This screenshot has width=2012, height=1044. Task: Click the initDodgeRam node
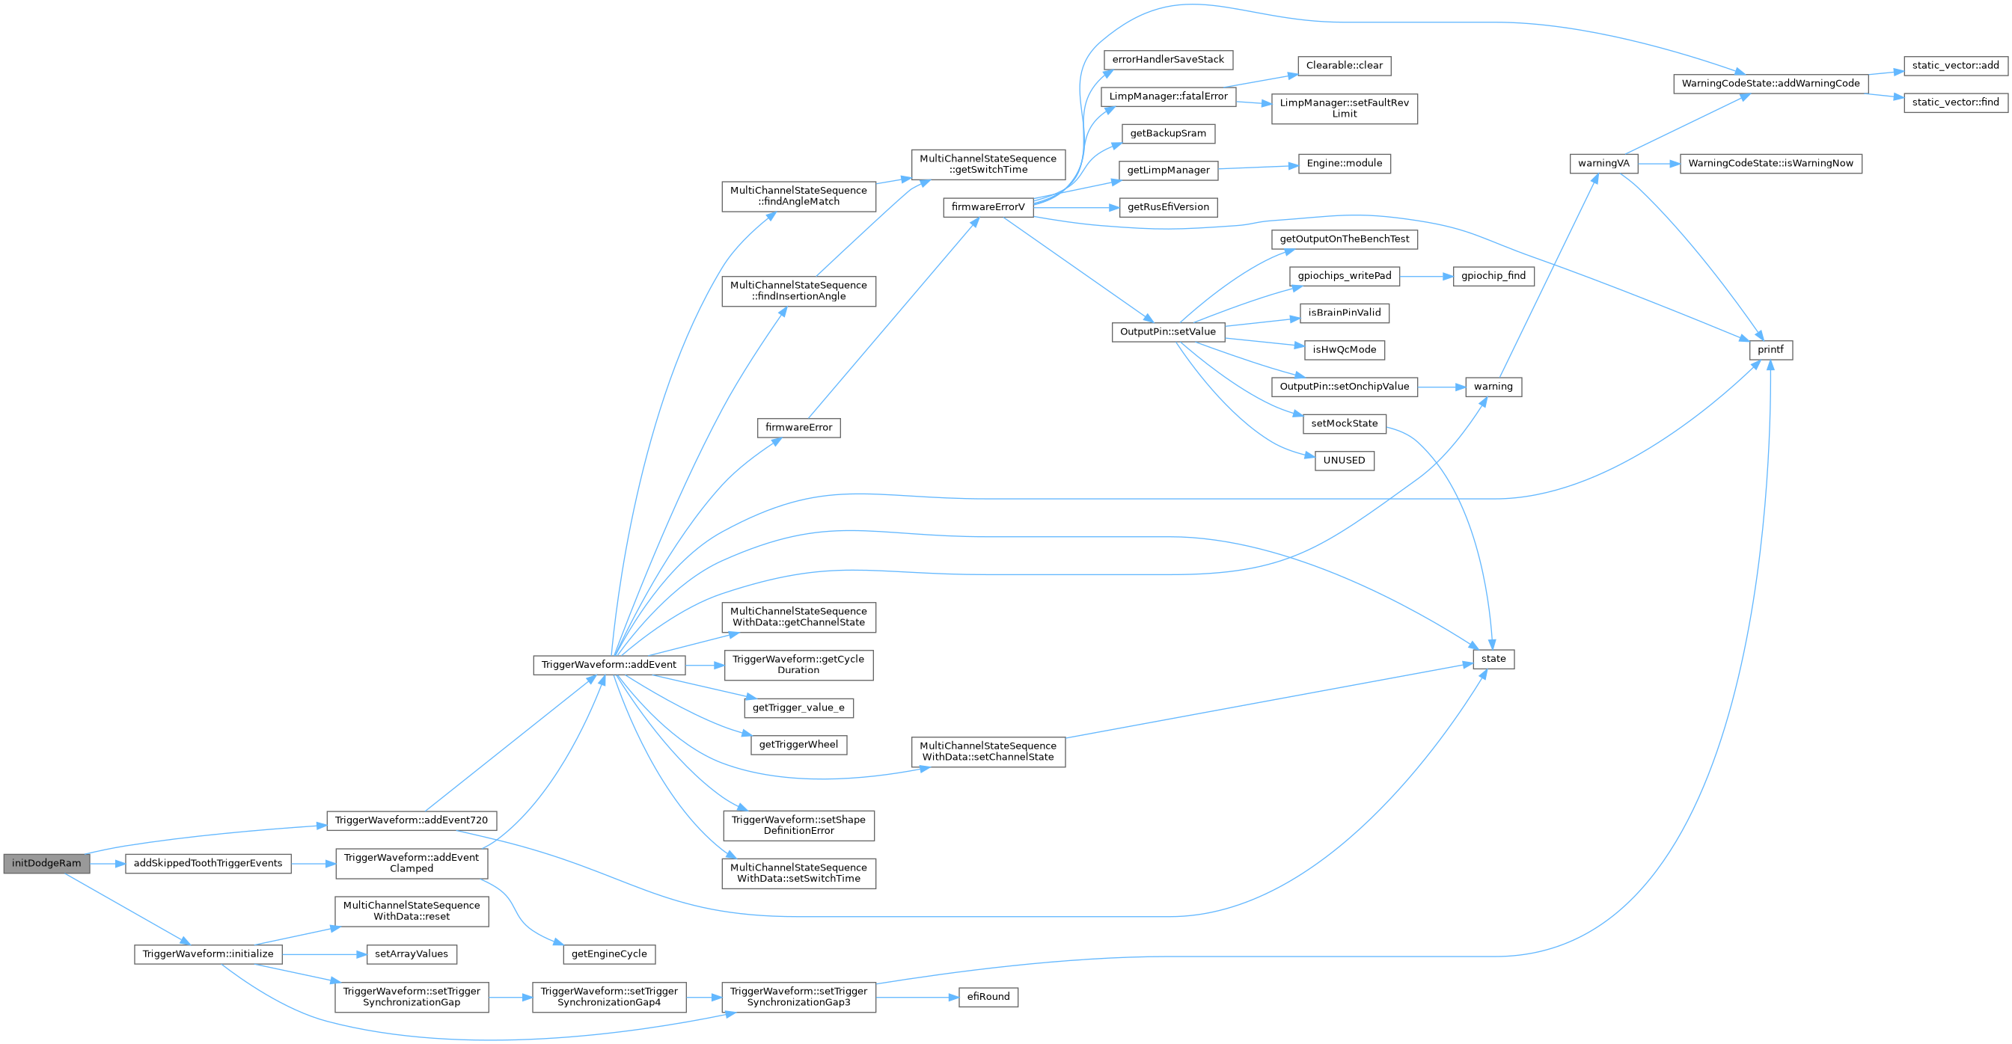click(x=46, y=864)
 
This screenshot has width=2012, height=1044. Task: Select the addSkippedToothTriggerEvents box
click(x=208, y=864)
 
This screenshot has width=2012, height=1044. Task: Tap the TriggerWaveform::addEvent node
click(x=609, y=666)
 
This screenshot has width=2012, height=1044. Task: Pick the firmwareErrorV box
click(x=987, y=208)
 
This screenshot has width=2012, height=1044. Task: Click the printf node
click(x=1770, y=350)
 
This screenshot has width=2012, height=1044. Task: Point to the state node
click(x=1493, y=659)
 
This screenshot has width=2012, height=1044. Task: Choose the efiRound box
click(x=988, y=997)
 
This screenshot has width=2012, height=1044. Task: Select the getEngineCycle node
click(x=609, y=954)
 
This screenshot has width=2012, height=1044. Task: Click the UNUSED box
click(x=1343, y=461)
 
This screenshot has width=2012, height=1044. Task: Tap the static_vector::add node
click(x=1955, y=66)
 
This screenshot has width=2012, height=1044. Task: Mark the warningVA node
click(x=1603, y=164)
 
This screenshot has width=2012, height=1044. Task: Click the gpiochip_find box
click(x=1493, y=277)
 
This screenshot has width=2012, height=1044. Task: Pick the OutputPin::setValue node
click(x=1168, y=332)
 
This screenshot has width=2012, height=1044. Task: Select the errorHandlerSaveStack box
click(x=1168, y=60)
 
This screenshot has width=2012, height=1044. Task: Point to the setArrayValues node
click(x=411, y=954)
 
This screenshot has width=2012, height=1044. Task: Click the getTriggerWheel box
click(x=798, y=745)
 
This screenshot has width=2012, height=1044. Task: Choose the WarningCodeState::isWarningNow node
click(x=1770, y=164)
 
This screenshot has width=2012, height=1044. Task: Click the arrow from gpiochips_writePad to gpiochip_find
click(x=1425, y=277)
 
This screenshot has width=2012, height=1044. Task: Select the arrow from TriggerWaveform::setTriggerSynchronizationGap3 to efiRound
click(x=916, y=997)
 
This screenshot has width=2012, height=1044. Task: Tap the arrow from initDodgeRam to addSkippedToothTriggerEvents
click(x=107, y=864)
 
